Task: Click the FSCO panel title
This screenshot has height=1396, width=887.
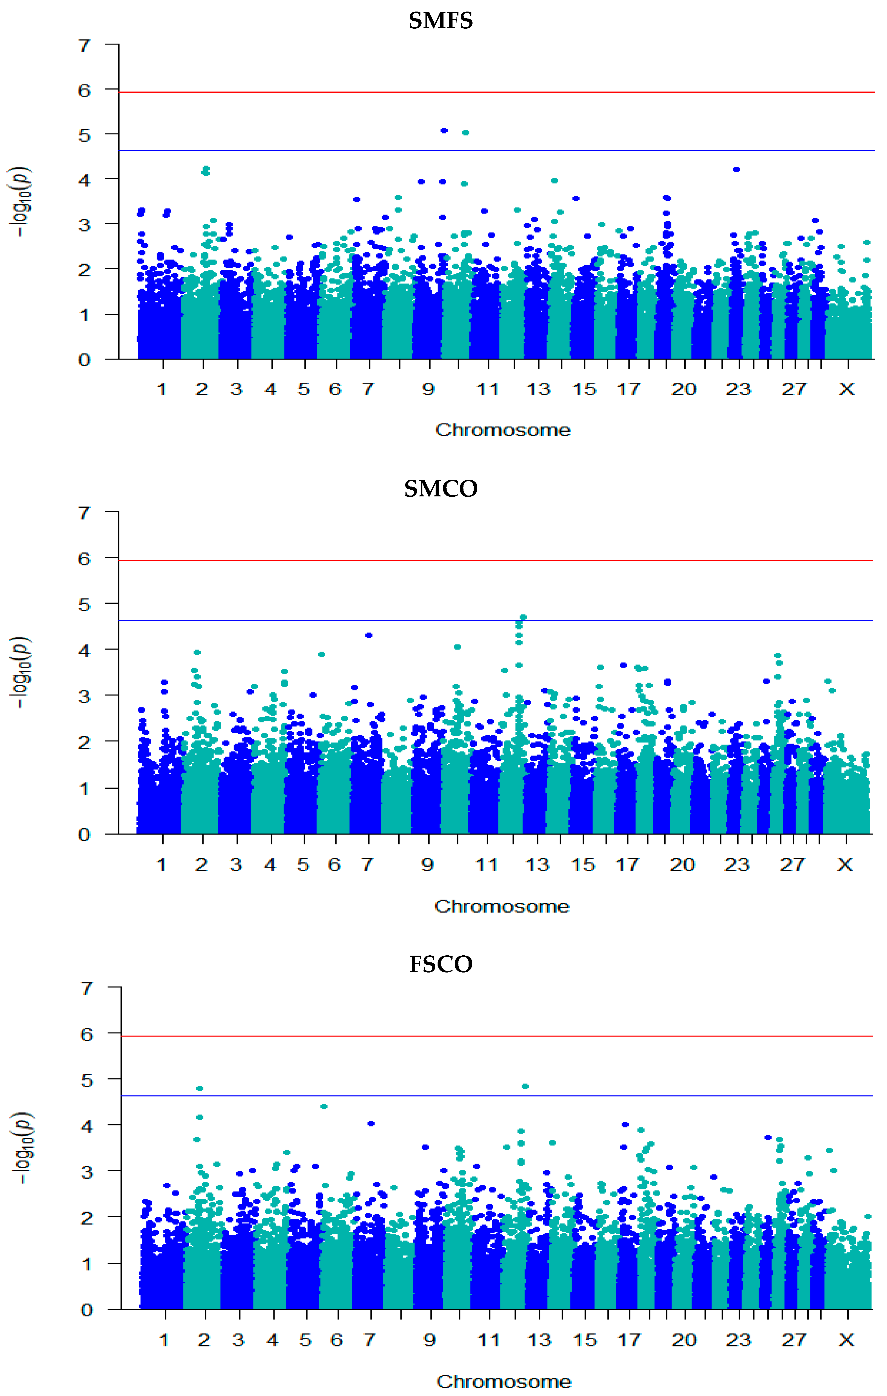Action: point(441,964)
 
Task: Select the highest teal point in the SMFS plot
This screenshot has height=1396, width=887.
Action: point(465,133)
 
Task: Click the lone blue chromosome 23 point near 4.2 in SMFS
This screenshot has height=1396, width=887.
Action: point(736,169)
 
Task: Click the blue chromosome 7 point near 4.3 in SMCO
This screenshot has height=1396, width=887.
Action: point(369,635)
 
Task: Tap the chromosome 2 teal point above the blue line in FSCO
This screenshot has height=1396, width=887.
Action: point(200,1089)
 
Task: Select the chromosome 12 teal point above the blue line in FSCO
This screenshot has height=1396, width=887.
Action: point(525,1087)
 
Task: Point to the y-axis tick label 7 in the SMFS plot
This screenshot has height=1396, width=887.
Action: point(85,45)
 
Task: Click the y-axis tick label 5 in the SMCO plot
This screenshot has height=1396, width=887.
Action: point(85,605)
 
